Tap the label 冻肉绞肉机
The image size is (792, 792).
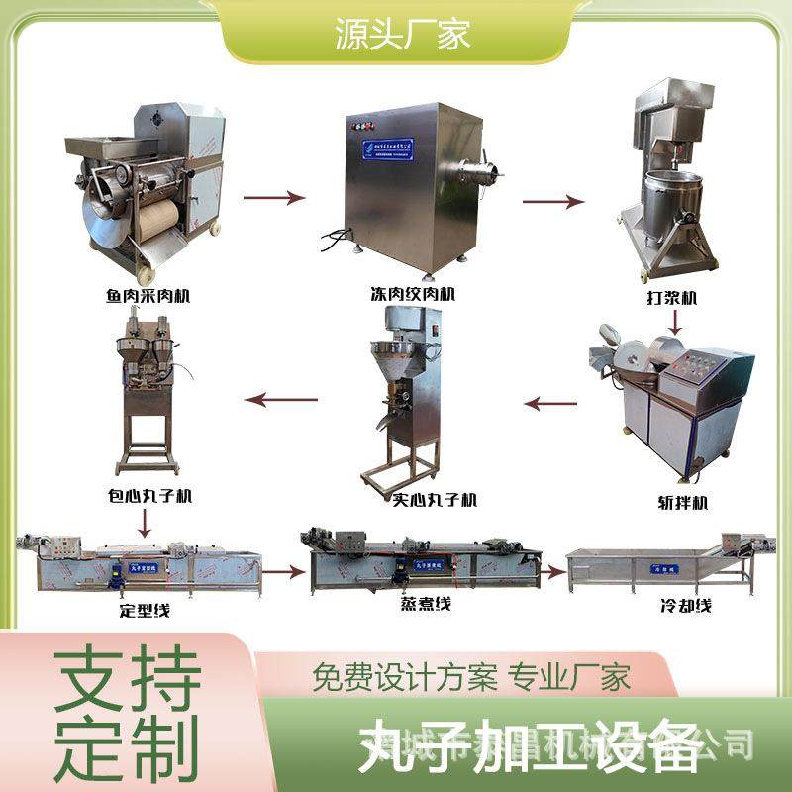coord(405,294)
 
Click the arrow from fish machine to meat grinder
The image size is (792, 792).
coord(279,197)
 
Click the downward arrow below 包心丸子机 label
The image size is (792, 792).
coord(146,521)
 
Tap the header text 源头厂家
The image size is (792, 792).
coord(396,36)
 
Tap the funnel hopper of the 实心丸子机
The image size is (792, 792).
coord(388,355)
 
